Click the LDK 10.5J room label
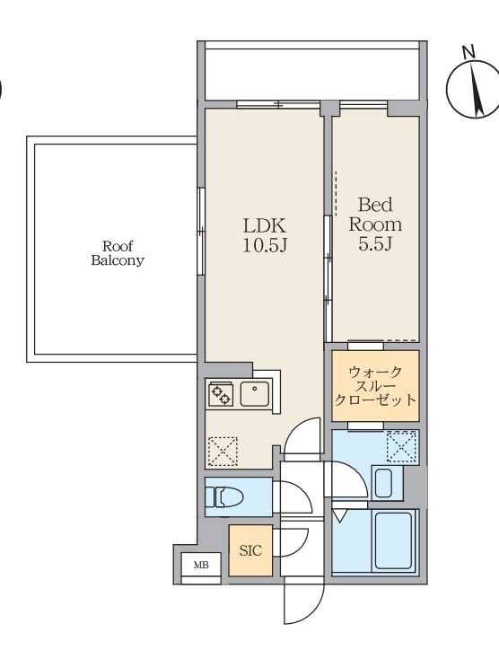click(x=265, y=236)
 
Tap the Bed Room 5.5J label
click(x=375, y=224)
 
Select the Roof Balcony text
click(x=118, y=253)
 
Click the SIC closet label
click(x=250, y=550)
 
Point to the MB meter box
click(x=201, y=565)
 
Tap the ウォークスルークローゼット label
click(x=375, y=386)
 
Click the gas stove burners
click(x=221, y=394)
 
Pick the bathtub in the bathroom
click(x=394, y=541)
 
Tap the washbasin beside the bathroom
click(x=384, y=483)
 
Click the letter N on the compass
click(x=468, y=52)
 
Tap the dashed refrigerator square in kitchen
click(x=223, y=452)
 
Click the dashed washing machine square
click(x=401, y=446)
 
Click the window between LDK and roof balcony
click(x=201, y=232)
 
